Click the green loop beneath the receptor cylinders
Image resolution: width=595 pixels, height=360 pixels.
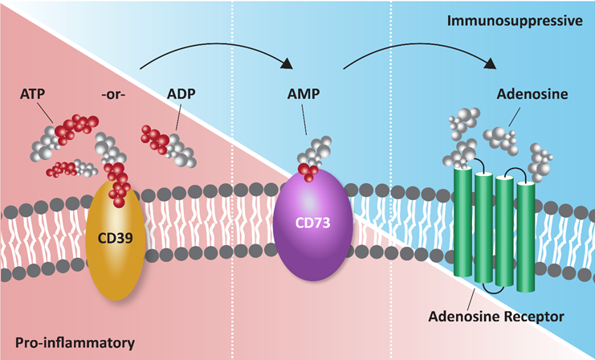(x=494, y=288)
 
